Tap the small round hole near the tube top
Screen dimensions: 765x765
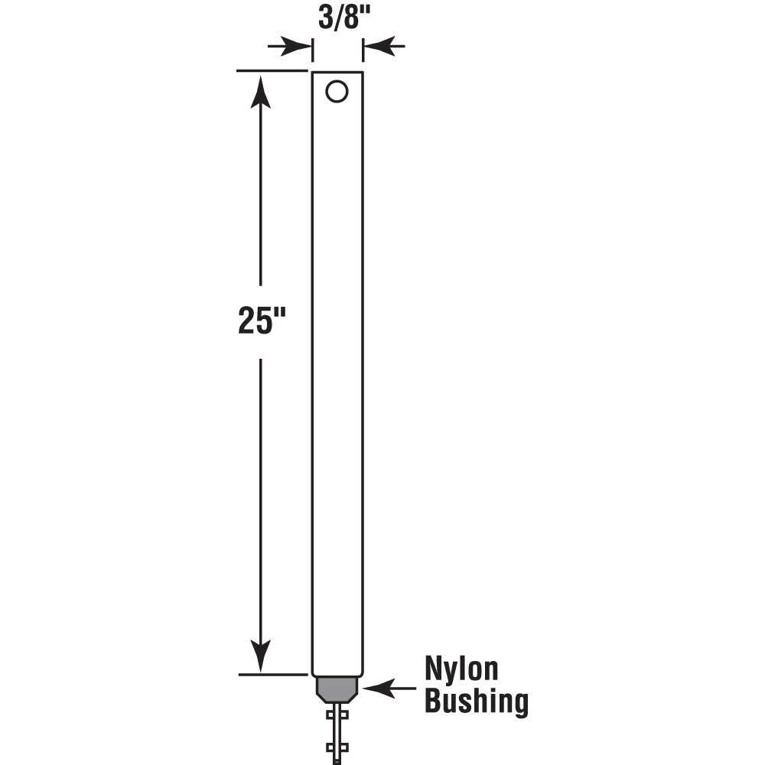(x=337, y=91)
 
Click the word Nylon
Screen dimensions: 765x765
(x=461, y=670)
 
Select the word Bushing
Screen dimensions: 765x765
(x=476, y=702)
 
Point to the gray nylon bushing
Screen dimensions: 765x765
(x=337, y=688)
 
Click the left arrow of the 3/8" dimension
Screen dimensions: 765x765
(x=291, y=47)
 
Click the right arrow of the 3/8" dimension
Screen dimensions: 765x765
(x=384, y=47)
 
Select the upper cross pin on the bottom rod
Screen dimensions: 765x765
(x=337, y=715)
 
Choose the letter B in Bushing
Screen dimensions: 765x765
(x=434, y=702)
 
